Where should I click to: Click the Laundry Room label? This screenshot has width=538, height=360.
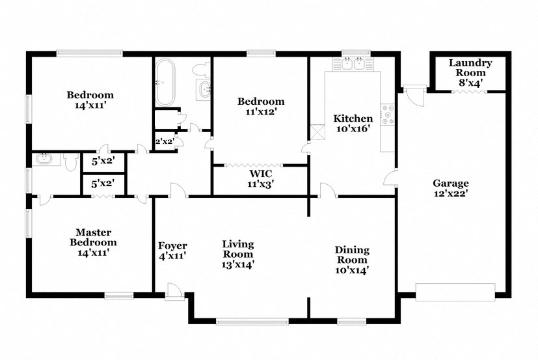click(x=470, y=68)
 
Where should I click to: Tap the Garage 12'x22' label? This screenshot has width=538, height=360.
click(x=451, y=188)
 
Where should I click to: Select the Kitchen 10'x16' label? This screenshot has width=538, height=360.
click(x=353, y=124)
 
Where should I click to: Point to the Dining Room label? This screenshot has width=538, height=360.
click(x=352, y=260)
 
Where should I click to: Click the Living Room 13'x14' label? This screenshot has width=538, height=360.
click(x=238, y=254)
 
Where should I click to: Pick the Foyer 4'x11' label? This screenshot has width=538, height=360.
click(x=172, y=251)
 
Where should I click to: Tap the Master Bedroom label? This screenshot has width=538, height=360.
click(x=93, y=242)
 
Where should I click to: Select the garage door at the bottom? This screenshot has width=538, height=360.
click(x=455, y=292)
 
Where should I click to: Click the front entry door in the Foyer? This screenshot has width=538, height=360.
click(x=174, y=292)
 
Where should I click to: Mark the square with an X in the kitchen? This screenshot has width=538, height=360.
click(x=317, y=132)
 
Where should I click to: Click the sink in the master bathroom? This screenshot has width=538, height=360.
click(x=45, y=158)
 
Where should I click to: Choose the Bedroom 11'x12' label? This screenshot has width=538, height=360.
click(x=260, y=106)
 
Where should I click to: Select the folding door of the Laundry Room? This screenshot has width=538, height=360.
click(x=469, y=92)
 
